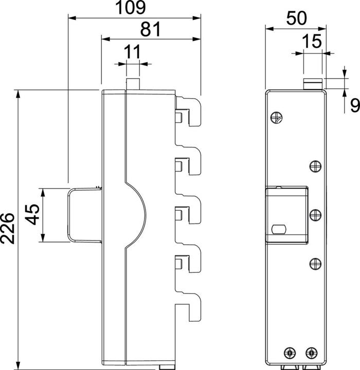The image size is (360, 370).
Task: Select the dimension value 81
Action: [151, 30]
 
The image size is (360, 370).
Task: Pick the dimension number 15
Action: [313, 41]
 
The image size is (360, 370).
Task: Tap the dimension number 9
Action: [353, 106]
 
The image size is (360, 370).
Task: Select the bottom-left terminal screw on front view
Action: [289, 353]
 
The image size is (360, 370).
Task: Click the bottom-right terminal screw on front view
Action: [310, 353]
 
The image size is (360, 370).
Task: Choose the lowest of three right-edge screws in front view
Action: [315, 264]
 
